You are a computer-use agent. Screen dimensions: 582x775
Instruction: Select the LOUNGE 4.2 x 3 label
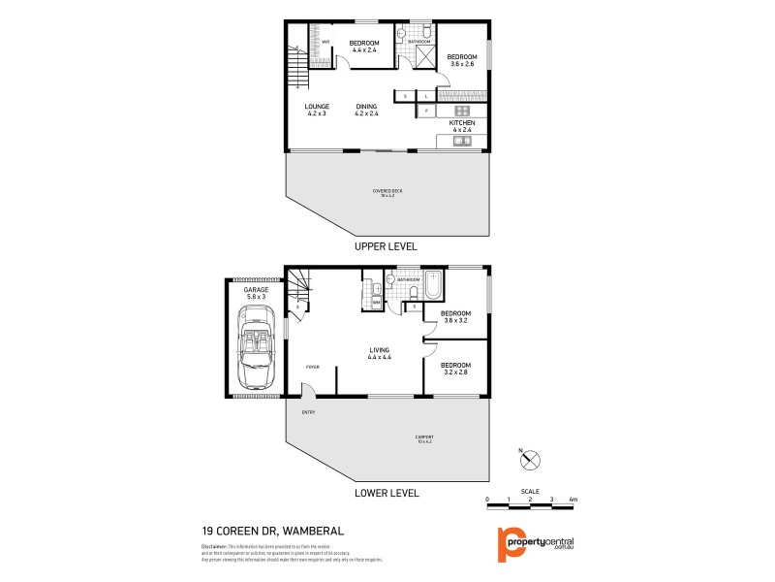317,110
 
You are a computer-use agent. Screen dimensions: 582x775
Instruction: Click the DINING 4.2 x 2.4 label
366,110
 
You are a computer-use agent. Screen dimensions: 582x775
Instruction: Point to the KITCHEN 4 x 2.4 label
461,126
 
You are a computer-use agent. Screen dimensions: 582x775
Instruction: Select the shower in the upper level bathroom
423,56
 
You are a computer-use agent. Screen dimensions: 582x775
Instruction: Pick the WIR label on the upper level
325,42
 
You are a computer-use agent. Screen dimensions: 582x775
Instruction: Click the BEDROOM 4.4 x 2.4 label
363,45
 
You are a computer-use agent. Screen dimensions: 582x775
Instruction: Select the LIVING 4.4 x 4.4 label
379,354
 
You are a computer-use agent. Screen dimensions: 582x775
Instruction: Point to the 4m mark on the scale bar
573,500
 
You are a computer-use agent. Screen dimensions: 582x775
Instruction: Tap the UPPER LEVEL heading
386,246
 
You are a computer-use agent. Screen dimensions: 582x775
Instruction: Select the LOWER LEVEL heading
386,493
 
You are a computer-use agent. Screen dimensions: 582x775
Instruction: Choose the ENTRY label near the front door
309,412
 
